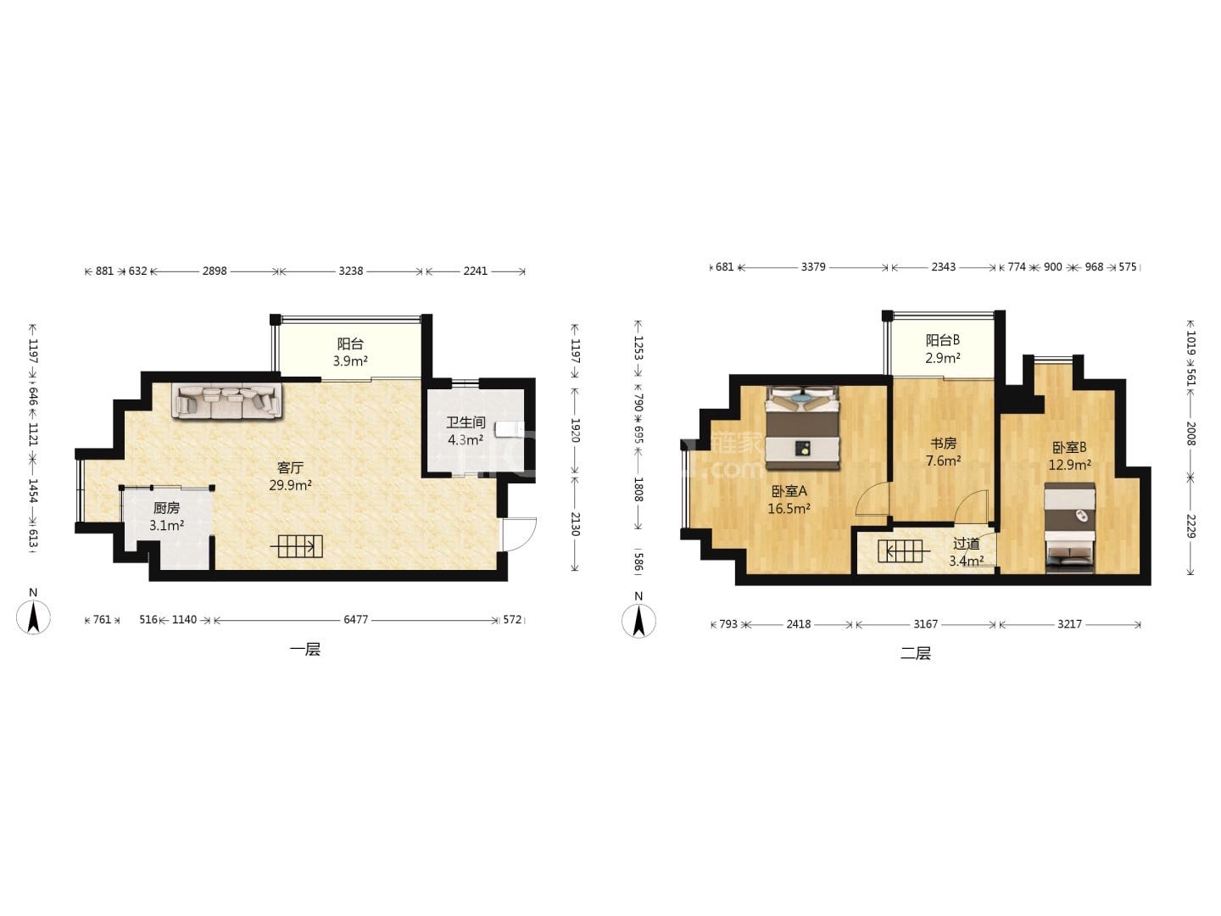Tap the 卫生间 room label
pyautogui.click(x=465, y=422)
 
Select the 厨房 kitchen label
pyautogui.click(x=166, y=508)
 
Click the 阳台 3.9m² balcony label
pyautogui.click(x=350, y=352)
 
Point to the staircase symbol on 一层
pyautogui.click(x=297, y=547)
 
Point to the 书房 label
pyautogui.click(x=944, y=444)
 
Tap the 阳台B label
pyautogui.click(x=942, y=340)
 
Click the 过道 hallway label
pyautogui.click(x=967, y=544)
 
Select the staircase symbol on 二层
pyautogui.click(x=904, y=551)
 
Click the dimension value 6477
pyautogui.click(x=355, y=619)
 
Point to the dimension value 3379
pyautogui.click(x=812, y=267)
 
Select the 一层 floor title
pyautogui.click(x=305, y=650)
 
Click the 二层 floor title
pyautogui.click(x=916, y=653)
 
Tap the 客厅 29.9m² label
pyautogui.click(x=290, y=477)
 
